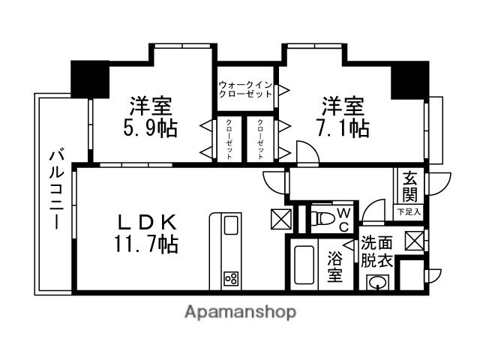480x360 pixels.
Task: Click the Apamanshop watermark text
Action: click(240, 312)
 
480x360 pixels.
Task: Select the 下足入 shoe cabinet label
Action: click(409, 212)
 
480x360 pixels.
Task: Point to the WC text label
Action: click(343, 220)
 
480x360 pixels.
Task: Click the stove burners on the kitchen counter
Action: click(229, 280)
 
